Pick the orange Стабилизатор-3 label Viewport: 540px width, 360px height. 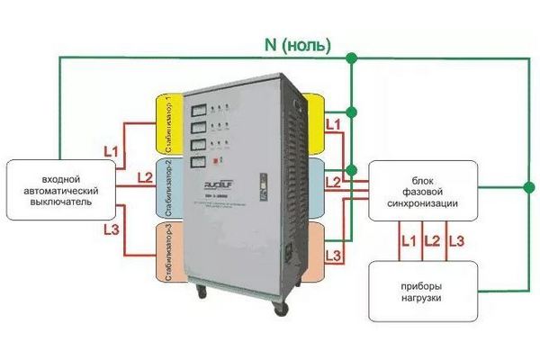coord(170,255)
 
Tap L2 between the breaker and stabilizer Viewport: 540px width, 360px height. coord(144,176)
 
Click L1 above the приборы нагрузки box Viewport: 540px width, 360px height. coord(408,242)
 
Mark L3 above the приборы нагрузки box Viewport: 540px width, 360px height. coord(456,242)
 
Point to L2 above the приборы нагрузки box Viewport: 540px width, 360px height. coord(432,242)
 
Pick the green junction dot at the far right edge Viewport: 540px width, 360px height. coord(525,189)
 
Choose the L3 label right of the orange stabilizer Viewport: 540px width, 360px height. coord(333,257)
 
